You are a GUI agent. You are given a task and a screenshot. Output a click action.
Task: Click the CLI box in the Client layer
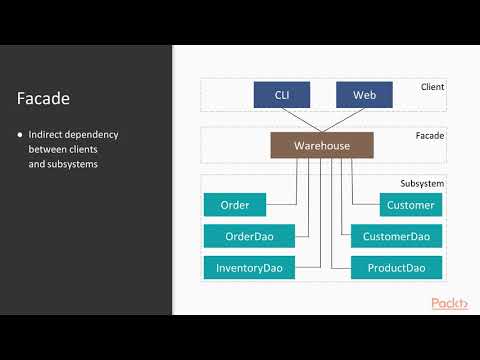pyautogui.click(x=281, y=96)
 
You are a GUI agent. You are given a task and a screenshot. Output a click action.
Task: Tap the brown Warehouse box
pyautogui.click(x=322, y=146)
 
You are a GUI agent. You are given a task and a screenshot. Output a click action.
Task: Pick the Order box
pyautogui.click(x=234, y=206)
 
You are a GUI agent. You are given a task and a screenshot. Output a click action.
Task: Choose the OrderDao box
pyautogui.click(x=250, y=237)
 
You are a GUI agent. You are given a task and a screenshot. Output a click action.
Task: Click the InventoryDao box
pyautogui.click(x=250, y=268)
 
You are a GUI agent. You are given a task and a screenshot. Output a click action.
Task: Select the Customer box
pyautogui.click(x=410, y=206)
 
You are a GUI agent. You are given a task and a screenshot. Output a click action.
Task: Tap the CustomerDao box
pyautogui.click(x=397, y=237)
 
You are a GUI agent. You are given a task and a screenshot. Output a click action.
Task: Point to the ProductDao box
pyautogui.click(x=397, y=268)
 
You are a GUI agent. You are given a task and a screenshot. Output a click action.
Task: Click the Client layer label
pyautogui.click(x=432, y=88)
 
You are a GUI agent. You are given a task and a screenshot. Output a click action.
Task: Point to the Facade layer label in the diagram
pyautogui.click(x=430, y=135)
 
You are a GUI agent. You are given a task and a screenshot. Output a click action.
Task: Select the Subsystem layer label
pyautogui.click(x=422, y=184)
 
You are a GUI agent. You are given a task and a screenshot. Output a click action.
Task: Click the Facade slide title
pyautogui.click(x=42, y=98)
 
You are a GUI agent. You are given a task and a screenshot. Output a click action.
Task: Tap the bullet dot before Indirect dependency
pyautogui.click(x=20, y=134)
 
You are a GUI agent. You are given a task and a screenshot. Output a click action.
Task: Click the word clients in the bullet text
pyautogui.click(x=86, y=148)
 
